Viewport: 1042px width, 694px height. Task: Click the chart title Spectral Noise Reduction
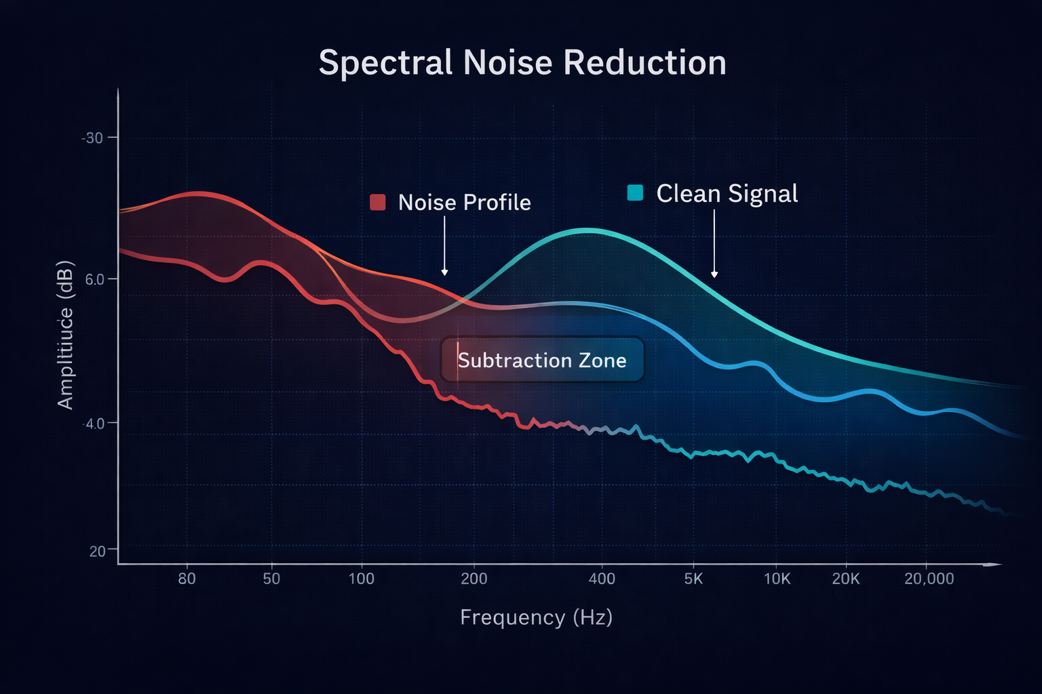pos(522,63)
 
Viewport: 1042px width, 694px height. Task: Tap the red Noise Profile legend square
pos(378,202)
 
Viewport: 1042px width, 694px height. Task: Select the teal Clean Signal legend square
pos(635,193)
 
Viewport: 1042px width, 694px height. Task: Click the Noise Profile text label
pos(464,203)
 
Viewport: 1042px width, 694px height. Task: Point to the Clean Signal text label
pos(727,194)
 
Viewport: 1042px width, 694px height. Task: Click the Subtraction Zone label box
pos(541,360)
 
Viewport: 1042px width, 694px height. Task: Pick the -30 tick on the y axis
pos(92,138)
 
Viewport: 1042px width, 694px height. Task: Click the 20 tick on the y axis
pos(97,551)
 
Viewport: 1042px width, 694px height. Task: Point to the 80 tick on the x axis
pos(187,579)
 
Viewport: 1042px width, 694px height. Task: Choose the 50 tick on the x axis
pos(271,579)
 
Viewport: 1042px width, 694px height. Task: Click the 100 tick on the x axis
pos(361,579)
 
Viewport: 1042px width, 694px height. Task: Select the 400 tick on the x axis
pos(601,579)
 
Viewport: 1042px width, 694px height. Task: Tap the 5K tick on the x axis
pos(693,579)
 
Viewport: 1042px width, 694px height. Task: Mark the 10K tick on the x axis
pos(777,579)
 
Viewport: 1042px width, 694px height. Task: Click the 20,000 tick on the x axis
pos(929,579)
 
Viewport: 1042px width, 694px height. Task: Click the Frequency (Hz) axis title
pos(536,617)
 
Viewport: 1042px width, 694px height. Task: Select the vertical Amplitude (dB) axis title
pos(65,335)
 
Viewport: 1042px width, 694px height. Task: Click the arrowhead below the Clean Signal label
pos(714,274)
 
